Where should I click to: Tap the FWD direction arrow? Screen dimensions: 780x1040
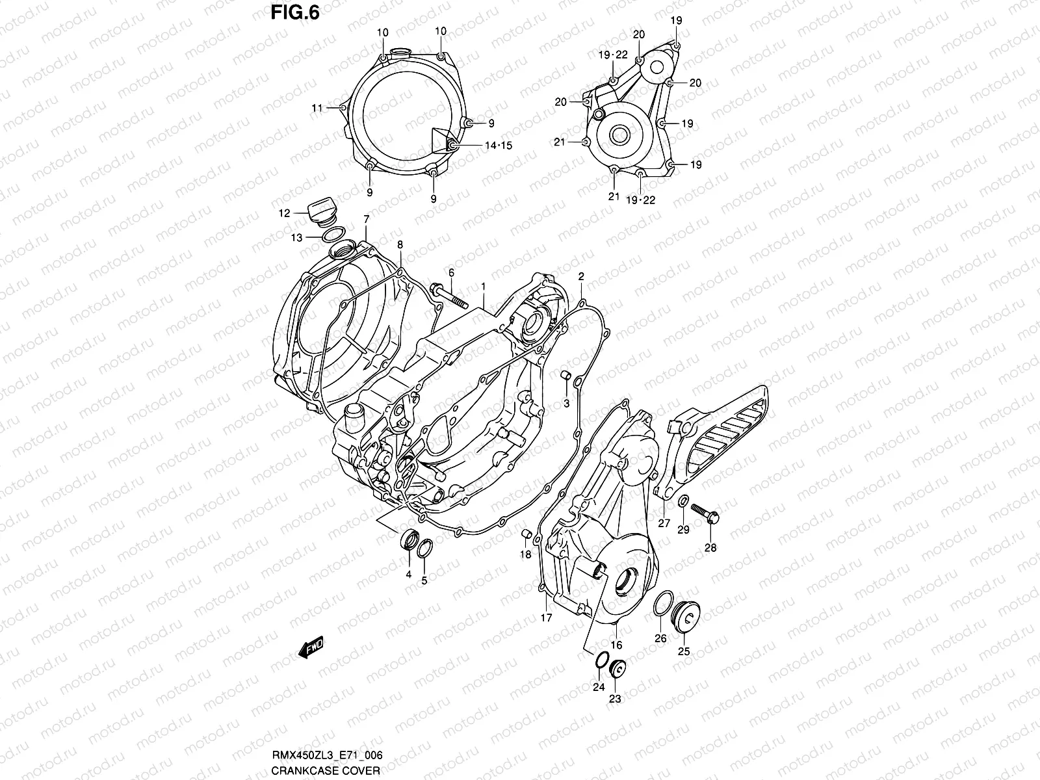(x=311, y=648)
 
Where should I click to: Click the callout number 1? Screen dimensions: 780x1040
(x=484, y=286)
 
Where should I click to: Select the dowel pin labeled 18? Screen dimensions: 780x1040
(x=528, y=534)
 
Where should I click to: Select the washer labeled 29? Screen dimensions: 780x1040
(x=684, y=500)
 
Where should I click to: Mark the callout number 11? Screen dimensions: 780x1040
(x=317, y=109)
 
